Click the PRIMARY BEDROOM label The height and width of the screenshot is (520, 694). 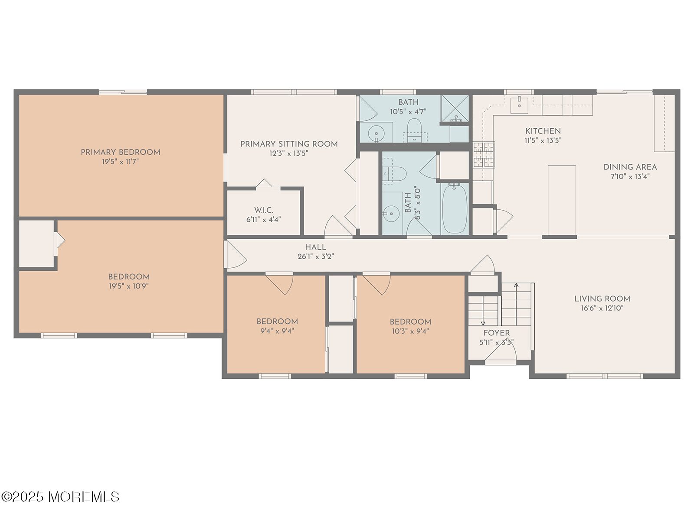click(x=121, y=152)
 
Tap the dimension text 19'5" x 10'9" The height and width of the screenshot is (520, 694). click(x=129, y=286)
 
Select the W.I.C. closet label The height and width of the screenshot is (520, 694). click(x=264, y=210)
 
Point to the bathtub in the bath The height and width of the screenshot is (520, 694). click(x=454, y=209)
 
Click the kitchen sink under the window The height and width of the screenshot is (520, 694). click(x=519, y=105)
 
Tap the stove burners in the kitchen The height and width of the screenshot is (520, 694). click(x=484, y=154)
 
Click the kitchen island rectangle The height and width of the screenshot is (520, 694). click(x=562, y=200)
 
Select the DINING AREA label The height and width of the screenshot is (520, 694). click(x=630, y=167)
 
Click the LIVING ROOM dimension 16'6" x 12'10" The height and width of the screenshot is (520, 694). click(x=602, y=308)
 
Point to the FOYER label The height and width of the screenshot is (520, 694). click(x=496, y=333)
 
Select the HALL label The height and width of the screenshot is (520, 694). click(x=315, y=247)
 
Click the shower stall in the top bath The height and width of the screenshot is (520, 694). click(x=455, y=108)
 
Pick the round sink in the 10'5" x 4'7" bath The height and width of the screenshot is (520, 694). click(x=376, y=133)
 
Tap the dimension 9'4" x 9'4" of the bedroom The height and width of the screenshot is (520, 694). click(x=277, y=331)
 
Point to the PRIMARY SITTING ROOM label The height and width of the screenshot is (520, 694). click(x=289, y=144)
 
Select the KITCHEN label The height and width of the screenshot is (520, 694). click(x=543, y=131)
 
